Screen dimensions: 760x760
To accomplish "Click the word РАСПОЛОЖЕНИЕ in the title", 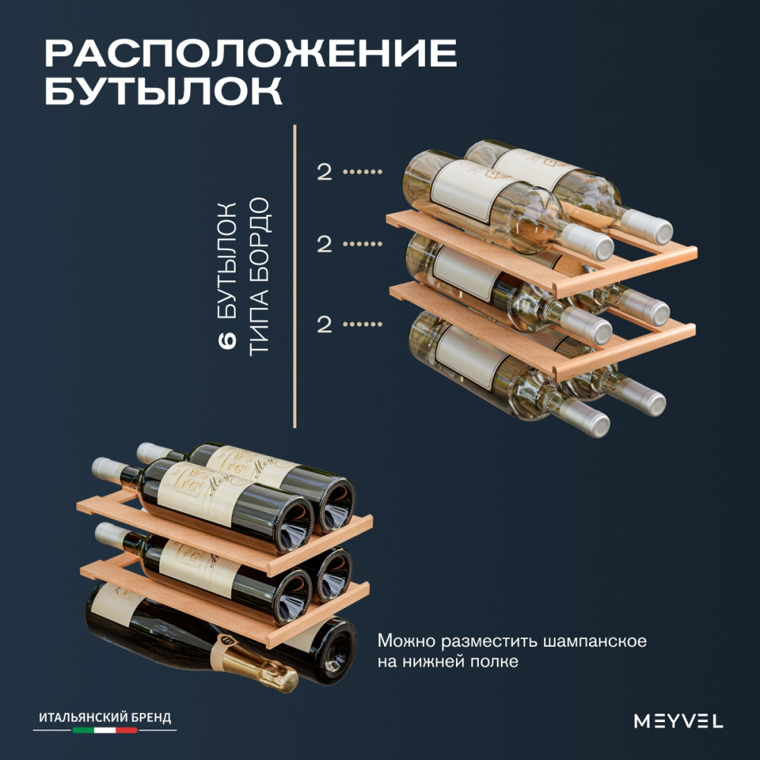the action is (251, 53).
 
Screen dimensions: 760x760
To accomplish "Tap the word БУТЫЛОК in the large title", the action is (163, 90).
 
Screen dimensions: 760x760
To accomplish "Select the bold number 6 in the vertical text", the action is (227, 340).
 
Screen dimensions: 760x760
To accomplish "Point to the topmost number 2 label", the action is (325, 172).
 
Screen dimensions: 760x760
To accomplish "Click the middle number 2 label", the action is (325, 244).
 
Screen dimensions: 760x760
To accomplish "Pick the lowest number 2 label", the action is (325, 324).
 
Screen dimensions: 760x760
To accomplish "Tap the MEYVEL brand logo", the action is (679, 720).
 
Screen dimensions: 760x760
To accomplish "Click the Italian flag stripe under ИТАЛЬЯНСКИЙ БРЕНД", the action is (105, 730).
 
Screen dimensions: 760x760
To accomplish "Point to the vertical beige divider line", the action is (295, 277).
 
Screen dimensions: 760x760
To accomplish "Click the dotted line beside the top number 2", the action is (363, 172).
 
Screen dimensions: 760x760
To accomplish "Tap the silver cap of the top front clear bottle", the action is (587, 242).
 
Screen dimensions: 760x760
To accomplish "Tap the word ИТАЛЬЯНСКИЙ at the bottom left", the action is (78, 717).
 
